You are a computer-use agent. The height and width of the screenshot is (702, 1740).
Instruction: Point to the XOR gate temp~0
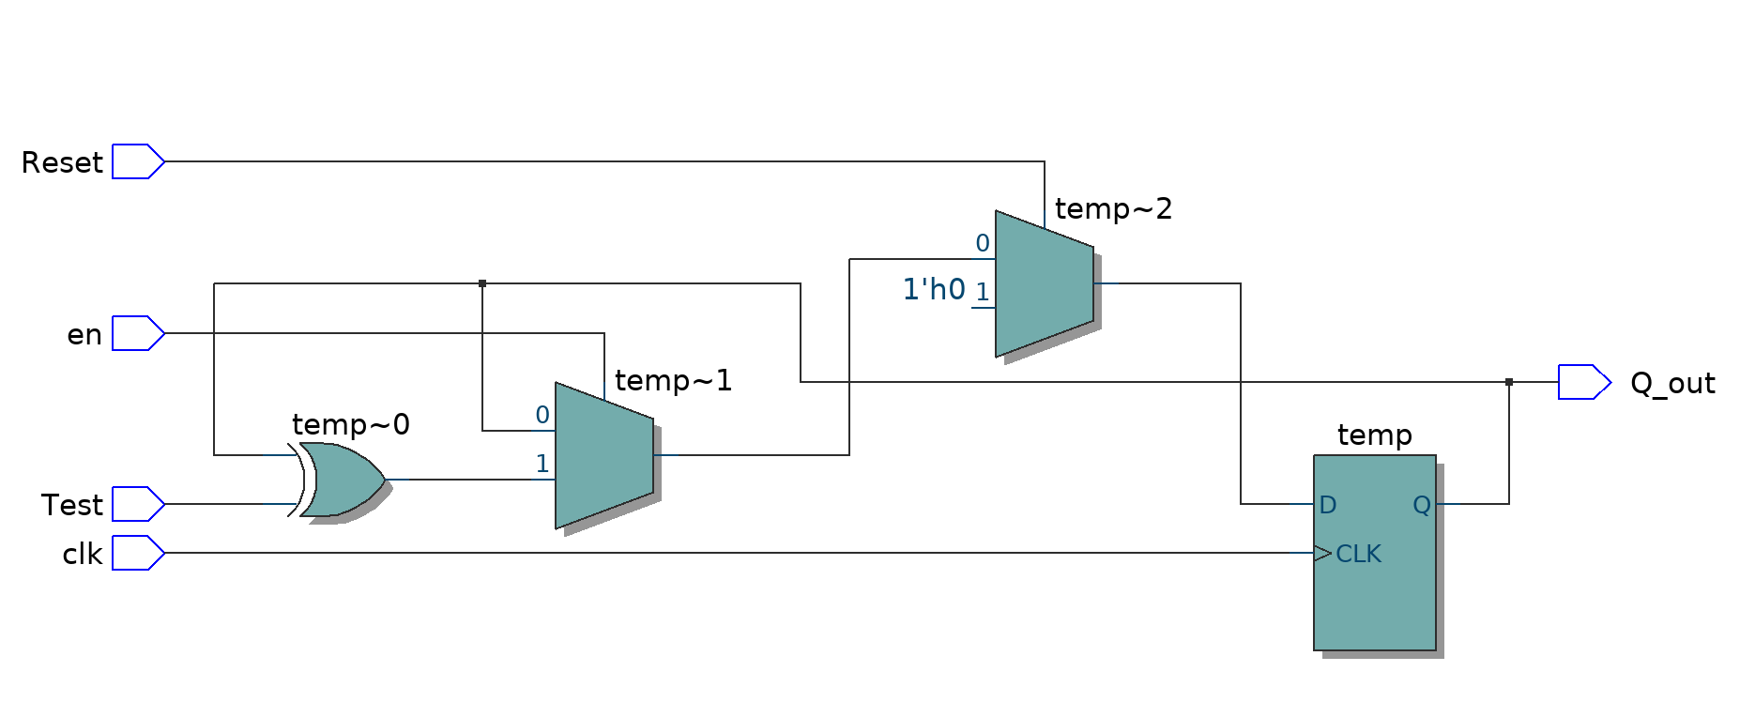coord(343,480)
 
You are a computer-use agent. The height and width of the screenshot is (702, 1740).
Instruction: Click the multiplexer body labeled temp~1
coord(604,455)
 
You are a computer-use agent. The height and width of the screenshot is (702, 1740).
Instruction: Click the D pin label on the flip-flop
coord(1327,505)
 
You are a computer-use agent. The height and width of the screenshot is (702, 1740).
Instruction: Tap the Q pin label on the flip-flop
coord(1422,505)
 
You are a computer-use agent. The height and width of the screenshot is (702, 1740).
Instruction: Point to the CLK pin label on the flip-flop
coord(1358,554)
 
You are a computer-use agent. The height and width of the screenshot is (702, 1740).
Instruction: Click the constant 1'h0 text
coord(934,289)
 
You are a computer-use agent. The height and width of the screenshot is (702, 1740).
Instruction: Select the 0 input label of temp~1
coord(542,415)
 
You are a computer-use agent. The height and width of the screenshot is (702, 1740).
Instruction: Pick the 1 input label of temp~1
coord(542,464)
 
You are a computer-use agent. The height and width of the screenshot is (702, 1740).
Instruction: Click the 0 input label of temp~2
coord(983,243)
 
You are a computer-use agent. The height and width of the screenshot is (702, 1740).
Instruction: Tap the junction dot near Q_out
coord(1509,382)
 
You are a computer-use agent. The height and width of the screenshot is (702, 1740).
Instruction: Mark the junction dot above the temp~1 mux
coord(482,283)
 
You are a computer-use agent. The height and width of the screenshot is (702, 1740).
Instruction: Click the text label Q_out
coord(1672,383)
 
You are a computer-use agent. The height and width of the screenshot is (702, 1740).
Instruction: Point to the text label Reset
coord(62,162)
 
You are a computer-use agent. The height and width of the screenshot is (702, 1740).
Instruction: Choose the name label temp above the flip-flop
coord(1374,435)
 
